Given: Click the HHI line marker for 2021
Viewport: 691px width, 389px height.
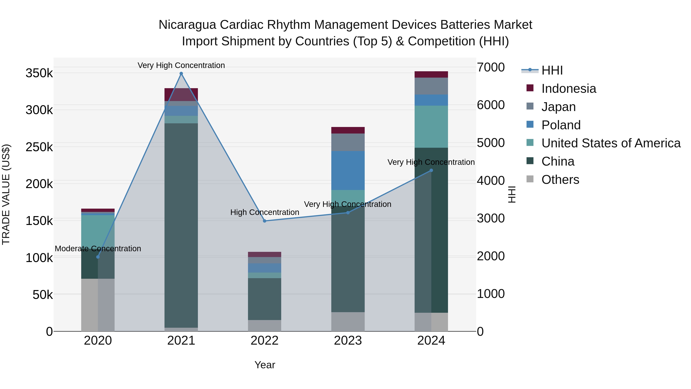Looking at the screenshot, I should pos(181,74).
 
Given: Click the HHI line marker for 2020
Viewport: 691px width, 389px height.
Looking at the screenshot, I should pos(98,257).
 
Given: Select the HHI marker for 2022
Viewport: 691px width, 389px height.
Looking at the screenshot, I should pos(264,221).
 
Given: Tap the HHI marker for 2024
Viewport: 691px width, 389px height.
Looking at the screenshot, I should pos(431,170).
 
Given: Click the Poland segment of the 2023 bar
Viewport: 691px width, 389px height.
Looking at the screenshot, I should pos(348,170).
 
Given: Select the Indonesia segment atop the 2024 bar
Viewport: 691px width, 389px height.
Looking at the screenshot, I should pos(431,74).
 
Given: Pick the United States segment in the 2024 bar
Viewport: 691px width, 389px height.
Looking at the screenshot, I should pos(431,126).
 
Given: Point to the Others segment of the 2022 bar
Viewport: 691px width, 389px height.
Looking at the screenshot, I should pos(264,325).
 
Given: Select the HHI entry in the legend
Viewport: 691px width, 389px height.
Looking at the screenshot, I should pos(552,70).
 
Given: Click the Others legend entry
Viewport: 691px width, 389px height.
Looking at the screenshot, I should pos(560,180).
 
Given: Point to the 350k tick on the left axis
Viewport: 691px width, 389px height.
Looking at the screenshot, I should pos(39,73).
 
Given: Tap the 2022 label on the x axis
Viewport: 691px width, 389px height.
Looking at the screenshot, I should pos(264,341).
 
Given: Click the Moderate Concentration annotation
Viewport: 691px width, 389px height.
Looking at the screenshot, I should pos(98,249).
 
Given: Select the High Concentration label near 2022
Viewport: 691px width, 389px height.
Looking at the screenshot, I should pos(264,212).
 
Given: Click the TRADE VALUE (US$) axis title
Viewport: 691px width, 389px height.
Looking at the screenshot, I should pos(6,194).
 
